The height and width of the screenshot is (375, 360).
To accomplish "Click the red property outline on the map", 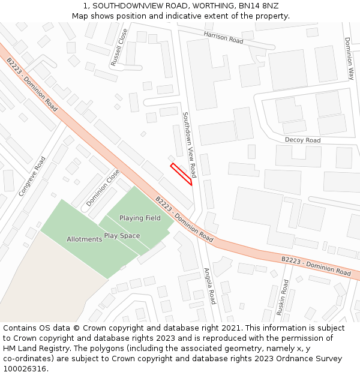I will coord(182,174).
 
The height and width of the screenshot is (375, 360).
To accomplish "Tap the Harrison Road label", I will coord(223,38).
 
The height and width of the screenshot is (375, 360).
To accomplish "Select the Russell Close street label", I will coord(119,47).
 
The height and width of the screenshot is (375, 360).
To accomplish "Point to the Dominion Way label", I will coord(349,58).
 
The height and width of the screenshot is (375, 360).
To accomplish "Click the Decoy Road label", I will coord(302,140).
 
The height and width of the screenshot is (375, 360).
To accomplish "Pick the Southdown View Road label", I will coord(189,145).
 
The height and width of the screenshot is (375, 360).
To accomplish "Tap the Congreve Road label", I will coord(32,176).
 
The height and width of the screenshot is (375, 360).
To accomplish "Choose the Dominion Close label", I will coord(103,188).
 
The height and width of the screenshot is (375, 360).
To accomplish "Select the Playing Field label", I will coord(140,218).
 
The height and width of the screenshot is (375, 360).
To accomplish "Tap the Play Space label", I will coord(122,236).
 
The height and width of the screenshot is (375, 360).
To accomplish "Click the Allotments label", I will coord(84,239).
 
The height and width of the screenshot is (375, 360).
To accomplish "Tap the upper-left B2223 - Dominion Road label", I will coord(32,84).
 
